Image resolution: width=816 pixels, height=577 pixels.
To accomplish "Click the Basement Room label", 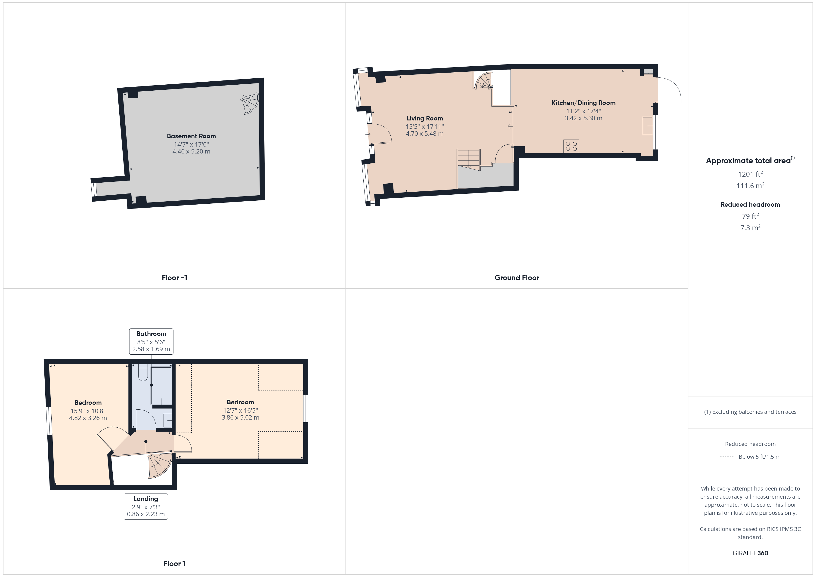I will [191, 136].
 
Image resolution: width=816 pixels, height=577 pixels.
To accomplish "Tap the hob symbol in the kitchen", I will [571, 146].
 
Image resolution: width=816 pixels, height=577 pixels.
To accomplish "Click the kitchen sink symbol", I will [647, 126].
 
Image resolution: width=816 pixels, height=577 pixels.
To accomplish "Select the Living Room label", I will [425, 118].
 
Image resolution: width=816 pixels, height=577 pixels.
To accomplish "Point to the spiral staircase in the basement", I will [250, 103].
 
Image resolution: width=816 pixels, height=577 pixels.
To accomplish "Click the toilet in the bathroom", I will [143, 373].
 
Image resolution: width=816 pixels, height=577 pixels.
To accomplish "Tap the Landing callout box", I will [146, 506].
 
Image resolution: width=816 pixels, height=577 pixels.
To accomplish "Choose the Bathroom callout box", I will [151, 341].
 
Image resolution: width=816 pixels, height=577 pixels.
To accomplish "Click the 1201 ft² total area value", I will [750, 174].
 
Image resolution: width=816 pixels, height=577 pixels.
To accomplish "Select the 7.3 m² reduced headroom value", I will [750, 228].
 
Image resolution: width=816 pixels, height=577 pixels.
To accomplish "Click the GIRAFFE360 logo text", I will [750, 553].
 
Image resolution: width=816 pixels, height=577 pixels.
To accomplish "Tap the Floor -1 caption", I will [174, 278].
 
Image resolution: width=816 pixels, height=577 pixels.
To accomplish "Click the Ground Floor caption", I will [517, 278].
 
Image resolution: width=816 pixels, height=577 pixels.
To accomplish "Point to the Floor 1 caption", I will [174, 564].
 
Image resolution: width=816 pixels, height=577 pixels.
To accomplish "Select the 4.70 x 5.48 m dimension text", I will [425, 134].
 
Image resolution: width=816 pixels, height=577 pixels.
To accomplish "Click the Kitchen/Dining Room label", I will [583, 103].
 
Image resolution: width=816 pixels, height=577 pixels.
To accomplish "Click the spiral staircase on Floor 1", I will [160, 465].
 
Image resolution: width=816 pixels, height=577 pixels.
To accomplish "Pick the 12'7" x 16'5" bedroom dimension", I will [240, 410].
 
